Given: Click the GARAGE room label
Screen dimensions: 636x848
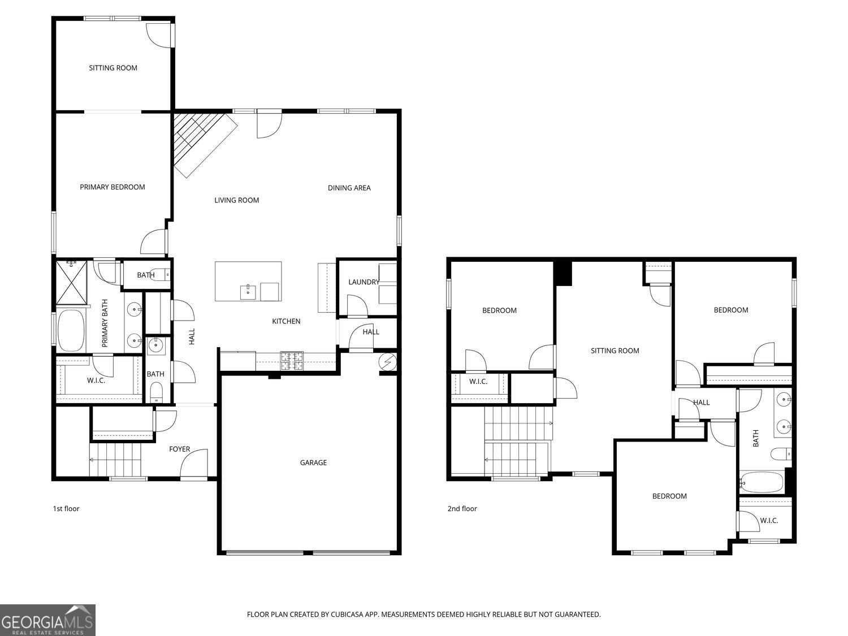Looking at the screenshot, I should (313, 462).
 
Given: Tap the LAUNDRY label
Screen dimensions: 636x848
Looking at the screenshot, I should (364, 282).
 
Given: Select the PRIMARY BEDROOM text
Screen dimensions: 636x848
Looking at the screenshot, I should (112, 187).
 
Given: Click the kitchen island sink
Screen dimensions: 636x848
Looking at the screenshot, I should (248, 292).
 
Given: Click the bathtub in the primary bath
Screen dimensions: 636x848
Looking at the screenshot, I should (71, 330).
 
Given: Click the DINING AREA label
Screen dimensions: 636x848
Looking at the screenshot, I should (349, 188).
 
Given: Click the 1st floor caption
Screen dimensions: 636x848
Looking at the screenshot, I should (66, 509).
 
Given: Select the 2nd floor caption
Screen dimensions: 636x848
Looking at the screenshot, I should (462, 509).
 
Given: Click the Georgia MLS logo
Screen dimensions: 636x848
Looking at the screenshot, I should (47, 620).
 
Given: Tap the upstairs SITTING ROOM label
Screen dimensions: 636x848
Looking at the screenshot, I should (615, 351).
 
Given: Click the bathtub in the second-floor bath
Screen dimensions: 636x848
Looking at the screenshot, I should (762, 482).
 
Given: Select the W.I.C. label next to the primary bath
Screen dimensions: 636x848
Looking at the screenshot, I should (96, 380).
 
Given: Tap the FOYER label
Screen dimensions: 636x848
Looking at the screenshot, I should (180, 449).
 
